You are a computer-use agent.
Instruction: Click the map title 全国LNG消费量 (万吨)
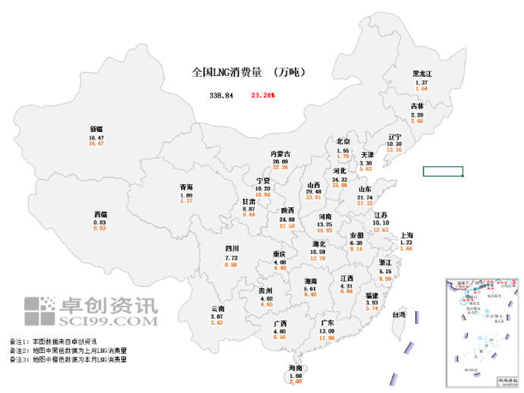click(248, 73)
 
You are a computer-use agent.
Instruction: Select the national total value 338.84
click(221, 96)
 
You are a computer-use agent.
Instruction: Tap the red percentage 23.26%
click(262, 96)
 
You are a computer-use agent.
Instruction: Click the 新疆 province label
click(96, 128)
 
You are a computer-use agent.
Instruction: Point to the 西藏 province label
click(100, 215)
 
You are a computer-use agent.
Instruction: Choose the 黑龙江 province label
click(422, 74)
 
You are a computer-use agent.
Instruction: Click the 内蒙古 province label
click(281, 154)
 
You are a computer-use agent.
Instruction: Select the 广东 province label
click(327, 322)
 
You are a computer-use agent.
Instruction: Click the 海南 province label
click(296, 368)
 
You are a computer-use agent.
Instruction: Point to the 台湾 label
click(398, 314)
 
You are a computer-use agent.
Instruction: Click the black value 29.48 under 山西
click(313, 192)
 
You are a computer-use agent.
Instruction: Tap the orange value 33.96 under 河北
click(339, 185)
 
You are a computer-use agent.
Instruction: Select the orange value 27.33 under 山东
click(365, 203)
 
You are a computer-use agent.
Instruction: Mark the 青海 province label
click(187, 187)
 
